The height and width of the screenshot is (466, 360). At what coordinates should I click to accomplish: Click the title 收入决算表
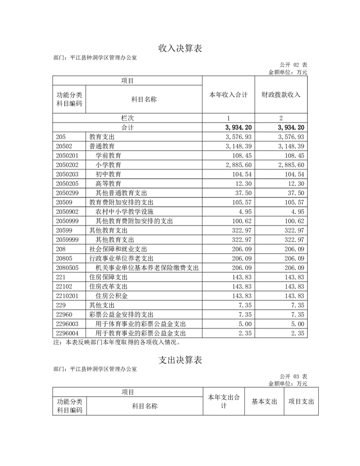(180, 48)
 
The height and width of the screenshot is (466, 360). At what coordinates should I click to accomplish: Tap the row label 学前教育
(108, 156)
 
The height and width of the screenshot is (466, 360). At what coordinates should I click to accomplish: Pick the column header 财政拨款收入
(281, 95)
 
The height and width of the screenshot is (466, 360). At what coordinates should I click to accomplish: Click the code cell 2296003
(68, 324)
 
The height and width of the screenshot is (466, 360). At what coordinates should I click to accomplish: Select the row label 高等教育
(108, 183)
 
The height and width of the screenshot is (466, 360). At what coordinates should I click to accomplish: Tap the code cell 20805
(64, 258)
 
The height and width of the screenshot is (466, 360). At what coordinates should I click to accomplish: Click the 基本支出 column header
(264, 402)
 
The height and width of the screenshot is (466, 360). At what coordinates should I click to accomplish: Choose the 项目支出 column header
(301, 402)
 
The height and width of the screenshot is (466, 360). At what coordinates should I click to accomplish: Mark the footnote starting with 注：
(117, 342)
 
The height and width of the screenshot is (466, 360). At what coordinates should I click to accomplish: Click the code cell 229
(61, 305)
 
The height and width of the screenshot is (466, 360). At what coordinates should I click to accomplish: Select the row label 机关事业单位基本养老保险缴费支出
(147, 267)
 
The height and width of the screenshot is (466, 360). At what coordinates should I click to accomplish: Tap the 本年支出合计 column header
(223, 402)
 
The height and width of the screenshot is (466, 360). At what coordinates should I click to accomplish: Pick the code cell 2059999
(68, 239)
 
